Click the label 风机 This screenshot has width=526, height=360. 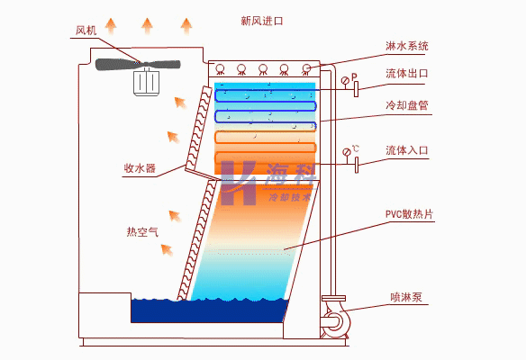86,31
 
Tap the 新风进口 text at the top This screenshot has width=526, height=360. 262,21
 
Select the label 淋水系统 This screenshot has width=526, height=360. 407,46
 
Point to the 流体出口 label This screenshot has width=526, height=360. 407,74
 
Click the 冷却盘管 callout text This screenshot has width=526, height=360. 407,105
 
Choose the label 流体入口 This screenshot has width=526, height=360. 407,150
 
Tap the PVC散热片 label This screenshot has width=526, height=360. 409,214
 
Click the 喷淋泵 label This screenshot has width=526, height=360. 406,297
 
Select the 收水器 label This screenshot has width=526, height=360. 140,167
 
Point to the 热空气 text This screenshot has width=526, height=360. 142,231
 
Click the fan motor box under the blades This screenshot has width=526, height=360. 146,83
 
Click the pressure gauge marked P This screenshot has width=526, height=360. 345,81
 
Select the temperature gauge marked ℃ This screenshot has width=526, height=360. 347,152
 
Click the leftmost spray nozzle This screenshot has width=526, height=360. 220,69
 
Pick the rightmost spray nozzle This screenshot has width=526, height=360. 306,69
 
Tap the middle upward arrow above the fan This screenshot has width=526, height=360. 147,26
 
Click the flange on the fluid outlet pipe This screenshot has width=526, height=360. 356,89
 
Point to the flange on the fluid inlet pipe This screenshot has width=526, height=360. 357,165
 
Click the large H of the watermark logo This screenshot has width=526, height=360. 238,183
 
